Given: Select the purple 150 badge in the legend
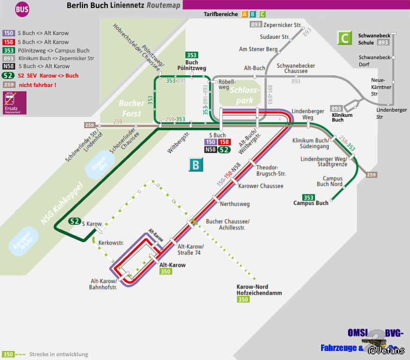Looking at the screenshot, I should click(9, 33).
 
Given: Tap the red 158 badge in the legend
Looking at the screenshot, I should click(9, 42).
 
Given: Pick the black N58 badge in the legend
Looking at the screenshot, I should click(9, 66).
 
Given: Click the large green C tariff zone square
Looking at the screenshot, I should click(344, 38).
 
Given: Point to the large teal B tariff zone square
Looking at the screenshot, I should click(195, 166).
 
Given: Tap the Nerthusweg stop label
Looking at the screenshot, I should click(235, 204).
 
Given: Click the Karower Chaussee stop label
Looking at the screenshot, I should click(261, 186).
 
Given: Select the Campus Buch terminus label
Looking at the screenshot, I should click(311, 203).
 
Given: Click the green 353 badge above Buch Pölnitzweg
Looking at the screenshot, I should click(192, 55).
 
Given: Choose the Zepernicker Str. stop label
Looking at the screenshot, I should click(282, 25).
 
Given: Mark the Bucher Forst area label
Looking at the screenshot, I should click(131, 108).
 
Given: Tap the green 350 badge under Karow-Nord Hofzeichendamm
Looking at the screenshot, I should click(243, 299).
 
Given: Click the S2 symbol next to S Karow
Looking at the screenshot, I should click(74, 221).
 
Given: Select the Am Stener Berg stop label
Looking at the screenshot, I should click(258, 49).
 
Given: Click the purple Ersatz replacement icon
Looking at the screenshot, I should click(15, 103).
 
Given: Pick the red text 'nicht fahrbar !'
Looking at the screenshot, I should click(37, 85).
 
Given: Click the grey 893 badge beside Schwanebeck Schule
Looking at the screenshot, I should click(383, 43).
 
